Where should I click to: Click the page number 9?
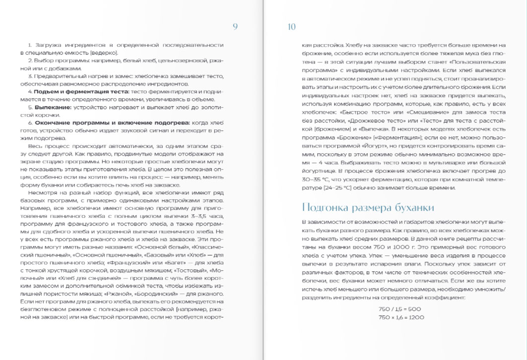point(235,27)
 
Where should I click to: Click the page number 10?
point(292,27)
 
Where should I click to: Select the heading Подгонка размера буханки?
point(368,207)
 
